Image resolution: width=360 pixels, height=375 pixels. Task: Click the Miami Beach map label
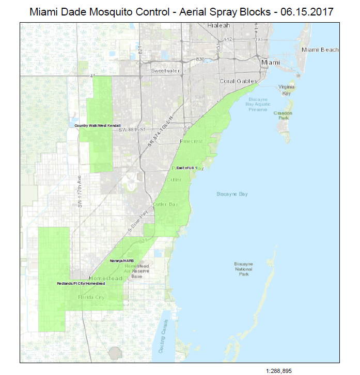[320, 50]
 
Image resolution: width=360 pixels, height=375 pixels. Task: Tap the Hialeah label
[218, 25]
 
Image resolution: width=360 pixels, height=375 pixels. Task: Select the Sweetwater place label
[164, 70]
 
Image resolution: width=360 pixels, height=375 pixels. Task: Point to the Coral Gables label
[234, 81]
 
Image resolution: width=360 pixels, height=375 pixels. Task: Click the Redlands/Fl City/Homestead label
[81, 284]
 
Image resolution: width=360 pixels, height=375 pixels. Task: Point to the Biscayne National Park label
[243, 269]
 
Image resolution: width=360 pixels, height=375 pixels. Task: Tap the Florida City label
[91, 298]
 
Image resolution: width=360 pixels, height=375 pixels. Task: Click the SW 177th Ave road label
[80, 192]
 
